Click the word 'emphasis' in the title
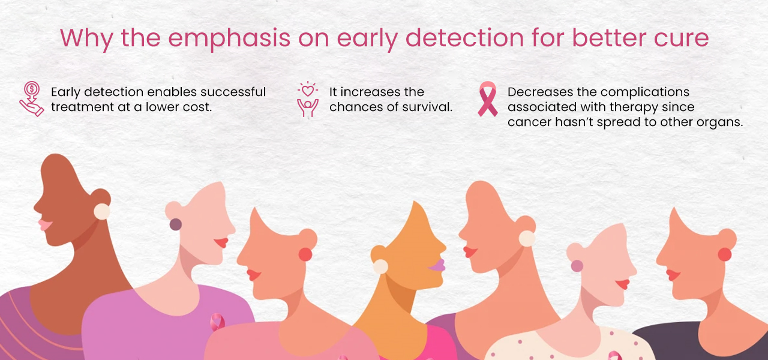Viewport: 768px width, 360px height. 229,39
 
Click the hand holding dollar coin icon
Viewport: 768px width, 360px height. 32,99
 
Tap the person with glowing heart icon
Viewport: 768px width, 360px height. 308,100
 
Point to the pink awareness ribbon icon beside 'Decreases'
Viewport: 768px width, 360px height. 488,99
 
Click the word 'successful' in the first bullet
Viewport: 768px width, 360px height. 233,92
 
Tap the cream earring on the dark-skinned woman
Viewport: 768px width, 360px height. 102,211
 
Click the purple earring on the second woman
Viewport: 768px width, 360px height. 176,224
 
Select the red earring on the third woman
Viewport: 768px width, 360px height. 305,254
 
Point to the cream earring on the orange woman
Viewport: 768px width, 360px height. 380,266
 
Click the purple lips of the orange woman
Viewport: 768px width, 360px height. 437,265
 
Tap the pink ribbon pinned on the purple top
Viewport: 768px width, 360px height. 217,322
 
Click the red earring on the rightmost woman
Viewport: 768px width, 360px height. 725,254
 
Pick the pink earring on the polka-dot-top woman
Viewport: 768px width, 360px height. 577,266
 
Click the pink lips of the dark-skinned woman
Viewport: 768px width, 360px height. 45,225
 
